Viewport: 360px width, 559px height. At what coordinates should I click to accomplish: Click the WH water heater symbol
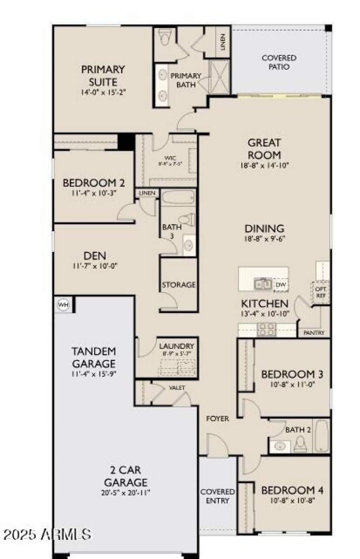tap(63, 305)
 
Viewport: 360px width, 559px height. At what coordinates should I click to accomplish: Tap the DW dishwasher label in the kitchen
tap(280, 285)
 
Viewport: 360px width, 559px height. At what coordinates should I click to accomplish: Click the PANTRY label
tap(314, 333)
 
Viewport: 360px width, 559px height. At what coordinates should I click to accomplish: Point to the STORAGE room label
tap(179, 285)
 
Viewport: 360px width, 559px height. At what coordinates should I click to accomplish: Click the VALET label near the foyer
tap(177, 388)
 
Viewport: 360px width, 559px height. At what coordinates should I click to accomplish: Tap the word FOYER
tap(218, 419)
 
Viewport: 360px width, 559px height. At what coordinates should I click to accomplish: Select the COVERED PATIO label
tap(279, 62)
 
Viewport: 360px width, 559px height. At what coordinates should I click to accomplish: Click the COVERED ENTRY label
tap(218, 496)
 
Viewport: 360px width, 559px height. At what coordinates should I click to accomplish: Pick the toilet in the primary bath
tap(165, 38)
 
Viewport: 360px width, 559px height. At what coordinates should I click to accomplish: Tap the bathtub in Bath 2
tap(322, 436)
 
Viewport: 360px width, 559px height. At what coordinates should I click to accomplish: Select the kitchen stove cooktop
tap(263, 330)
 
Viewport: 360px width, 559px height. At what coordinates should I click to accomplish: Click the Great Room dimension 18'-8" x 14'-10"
tap(264, 165)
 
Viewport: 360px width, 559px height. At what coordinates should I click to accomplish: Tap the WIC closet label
tap(170, 158)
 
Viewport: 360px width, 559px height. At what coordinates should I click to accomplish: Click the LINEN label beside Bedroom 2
tap(147, 193)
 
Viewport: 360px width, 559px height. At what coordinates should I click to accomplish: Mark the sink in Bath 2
tap(280, 446)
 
